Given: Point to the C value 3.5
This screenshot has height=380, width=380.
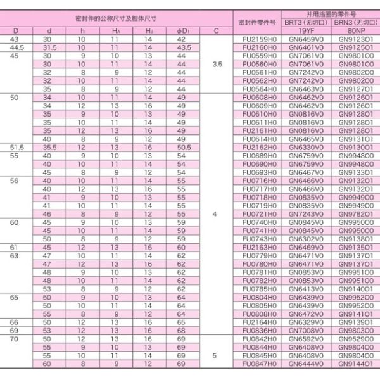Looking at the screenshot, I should (x=217, y=64).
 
